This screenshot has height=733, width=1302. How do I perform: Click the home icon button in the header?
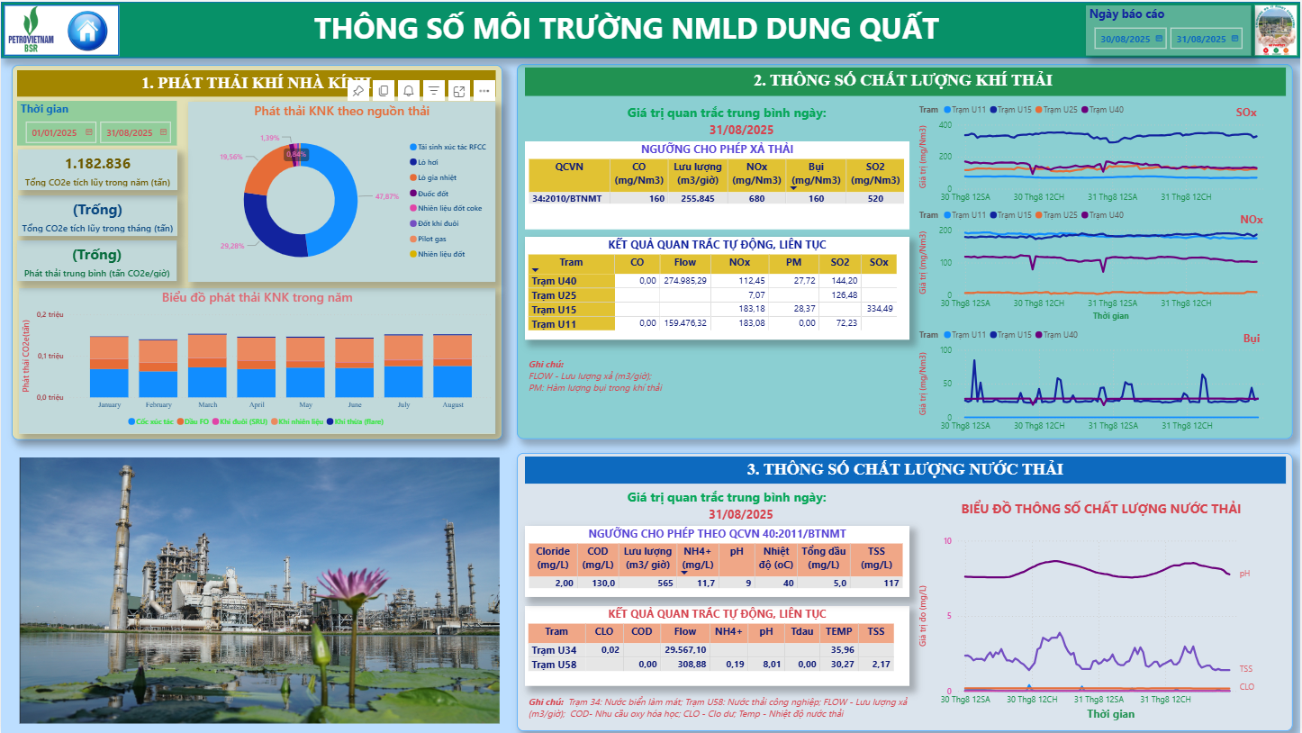tap(87, 30)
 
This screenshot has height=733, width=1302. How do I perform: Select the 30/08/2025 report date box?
tap(1126, 39)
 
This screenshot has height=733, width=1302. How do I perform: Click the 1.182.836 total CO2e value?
tap(98, 163)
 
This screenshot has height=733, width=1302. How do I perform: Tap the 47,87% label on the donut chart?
tap(387, 195)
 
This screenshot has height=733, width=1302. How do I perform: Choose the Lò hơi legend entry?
tap(427, 162)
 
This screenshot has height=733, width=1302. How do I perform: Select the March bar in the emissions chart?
tap(207, 366)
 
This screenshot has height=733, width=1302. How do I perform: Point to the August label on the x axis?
tap(453, 405)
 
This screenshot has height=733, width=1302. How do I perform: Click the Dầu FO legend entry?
tap(196, 421)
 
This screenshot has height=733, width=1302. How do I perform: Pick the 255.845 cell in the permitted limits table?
tap(698, 198)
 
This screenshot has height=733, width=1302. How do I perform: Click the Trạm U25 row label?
tap(554, 295)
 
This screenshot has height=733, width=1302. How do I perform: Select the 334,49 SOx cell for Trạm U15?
tap(880, 309)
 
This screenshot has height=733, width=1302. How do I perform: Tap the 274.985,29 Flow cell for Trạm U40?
tap(685, 281)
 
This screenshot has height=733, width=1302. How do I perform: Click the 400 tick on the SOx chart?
tap(945, 124)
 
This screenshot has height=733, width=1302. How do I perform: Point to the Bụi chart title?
tap(1252, 339)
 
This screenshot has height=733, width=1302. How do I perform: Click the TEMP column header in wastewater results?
tap(838, 631)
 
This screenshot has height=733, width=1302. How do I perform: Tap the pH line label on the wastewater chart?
tap(1244, 573)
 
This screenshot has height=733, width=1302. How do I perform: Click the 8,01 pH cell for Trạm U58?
tap(765, 665)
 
